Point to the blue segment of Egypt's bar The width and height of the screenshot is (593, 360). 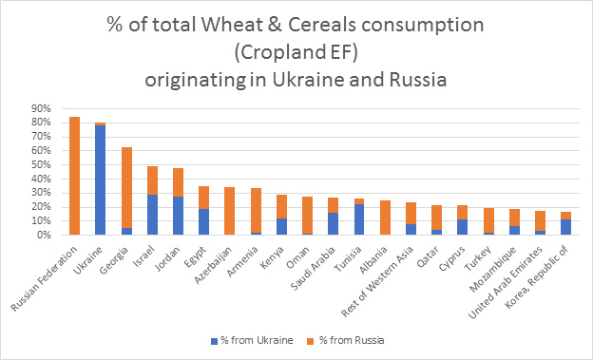coord(202,221)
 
